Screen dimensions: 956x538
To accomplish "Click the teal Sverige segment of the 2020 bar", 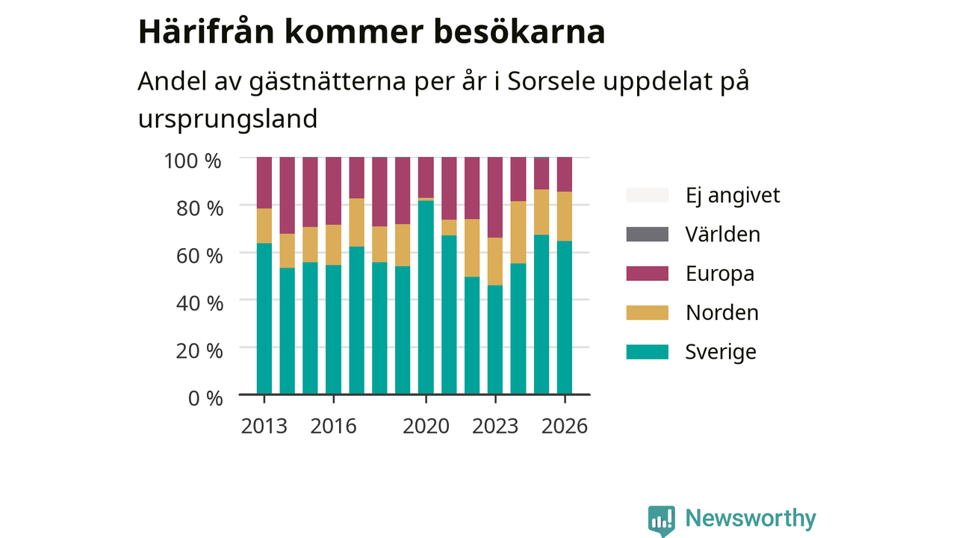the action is pos(426,297).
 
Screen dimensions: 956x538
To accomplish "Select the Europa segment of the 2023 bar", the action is pos(495,197).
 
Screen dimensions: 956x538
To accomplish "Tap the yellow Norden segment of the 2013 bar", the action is pos(264,226).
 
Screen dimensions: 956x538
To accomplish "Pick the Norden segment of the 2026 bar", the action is pos(564,217).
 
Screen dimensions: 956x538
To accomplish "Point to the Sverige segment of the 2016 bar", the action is pos(333,330).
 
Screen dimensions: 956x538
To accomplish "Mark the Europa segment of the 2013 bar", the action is pos(264,183).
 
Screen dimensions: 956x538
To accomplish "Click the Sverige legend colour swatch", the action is pos(647,352).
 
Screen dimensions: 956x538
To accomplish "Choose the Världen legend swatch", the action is pos(647,235).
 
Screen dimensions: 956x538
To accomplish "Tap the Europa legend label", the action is pos(720,273).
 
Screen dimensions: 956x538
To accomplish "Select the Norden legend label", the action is pos(722,312).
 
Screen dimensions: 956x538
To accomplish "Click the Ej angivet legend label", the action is pos(733,196).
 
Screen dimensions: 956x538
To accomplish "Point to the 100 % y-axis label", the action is pos(193,161).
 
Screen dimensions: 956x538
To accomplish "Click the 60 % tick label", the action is pos(199,256).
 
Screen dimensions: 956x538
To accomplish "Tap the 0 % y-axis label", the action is pos(205,398).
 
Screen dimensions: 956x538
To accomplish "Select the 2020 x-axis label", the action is pos(426,426).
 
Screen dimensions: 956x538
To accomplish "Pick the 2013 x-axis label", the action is pos(264,426).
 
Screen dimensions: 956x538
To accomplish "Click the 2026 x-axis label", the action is pos(565,426).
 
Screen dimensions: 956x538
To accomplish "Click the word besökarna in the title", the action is pos(519,32).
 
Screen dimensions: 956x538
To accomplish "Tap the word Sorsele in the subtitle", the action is pos(551,81).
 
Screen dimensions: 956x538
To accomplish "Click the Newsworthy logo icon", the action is pos(662,521).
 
